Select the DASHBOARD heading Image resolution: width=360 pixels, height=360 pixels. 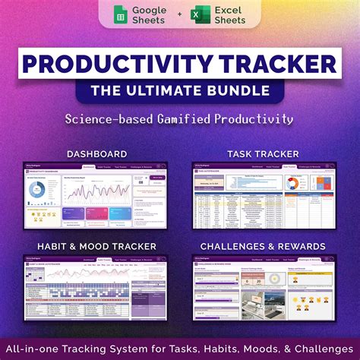click(x=96, y=153)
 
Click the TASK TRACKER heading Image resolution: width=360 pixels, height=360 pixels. click(x=263, y=153)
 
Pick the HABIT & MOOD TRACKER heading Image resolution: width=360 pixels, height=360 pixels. click(x=96, y=246)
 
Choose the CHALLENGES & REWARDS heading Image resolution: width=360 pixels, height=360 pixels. click(x=263, y=246)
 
